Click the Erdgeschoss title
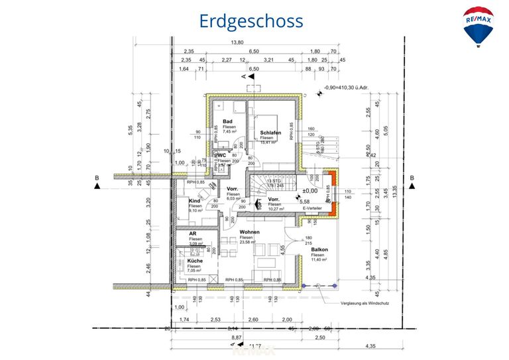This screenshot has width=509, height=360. click(x=251, y=21)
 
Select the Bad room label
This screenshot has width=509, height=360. click(x=227, y=121)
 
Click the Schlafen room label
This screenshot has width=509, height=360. click(x=271, y=133)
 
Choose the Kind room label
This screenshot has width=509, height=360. click(x=194, y=201)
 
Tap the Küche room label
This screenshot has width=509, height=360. click(x=195, y=261)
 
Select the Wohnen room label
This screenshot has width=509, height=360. click(x=250, y=233)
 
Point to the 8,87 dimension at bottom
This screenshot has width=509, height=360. click(x=237, y=337)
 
